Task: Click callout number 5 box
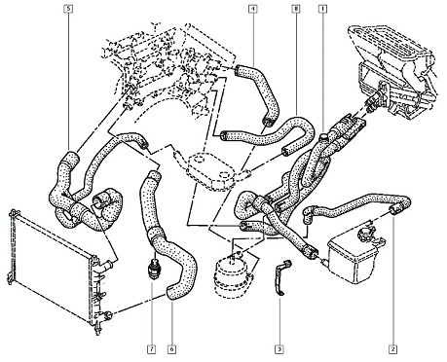(x=68, y=9)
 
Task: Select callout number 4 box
(x=253, y=9)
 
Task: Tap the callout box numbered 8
(x=296, y=9)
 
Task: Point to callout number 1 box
(x=322, y=9)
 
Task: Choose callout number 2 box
(x=392, y=349)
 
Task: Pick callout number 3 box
(x=279, y=349)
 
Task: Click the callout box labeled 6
(x=172, y=349)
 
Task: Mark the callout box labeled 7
(x=151, y=349)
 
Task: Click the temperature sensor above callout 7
(x=152, y=269)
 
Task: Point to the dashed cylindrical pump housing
(x=232, y=275)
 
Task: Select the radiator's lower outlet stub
(x=106, y=314)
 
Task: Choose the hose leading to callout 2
(x=357, y=207)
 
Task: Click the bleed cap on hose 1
(x=323, y=137)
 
